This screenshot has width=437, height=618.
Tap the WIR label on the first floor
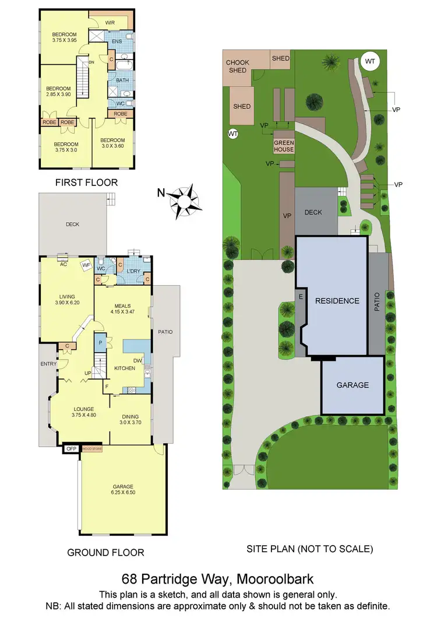[x=110, y=22]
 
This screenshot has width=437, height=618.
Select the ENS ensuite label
[x=117, y=41]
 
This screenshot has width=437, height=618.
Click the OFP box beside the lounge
[x=72, y=449]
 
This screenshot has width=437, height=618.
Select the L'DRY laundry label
[x=134, y=271]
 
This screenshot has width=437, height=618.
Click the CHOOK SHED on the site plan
[x=237, y=66]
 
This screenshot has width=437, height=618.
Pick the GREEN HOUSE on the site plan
[x=284, y=145]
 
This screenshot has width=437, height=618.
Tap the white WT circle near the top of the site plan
[x=369, y=61]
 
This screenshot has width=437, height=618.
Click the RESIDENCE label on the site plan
[x=337, y=301]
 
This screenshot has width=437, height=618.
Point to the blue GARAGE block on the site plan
[x=353, y=385]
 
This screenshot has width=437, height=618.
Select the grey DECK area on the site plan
[x=313, y=212]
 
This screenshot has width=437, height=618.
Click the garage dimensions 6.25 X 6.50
[x=123, y=493]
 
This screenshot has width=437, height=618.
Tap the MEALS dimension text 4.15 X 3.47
[x=122, y=312]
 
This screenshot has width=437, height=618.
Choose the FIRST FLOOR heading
[x=86, y=182]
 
